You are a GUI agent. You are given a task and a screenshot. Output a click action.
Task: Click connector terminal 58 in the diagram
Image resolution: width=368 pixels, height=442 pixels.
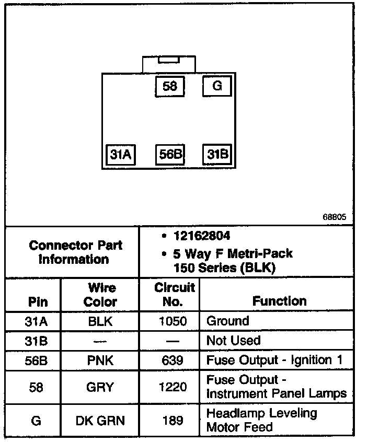pyautogui.click(x=170, y=86)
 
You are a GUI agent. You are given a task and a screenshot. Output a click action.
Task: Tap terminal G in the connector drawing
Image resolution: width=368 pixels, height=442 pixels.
pyautogui.click(x=217, y=86)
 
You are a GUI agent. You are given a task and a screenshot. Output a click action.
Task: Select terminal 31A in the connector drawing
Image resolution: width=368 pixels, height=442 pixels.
pyautogui.click(x=121, y=155)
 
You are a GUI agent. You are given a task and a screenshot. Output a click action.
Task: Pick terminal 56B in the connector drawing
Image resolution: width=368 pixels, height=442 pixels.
pyautogui.click(x=170, y=155)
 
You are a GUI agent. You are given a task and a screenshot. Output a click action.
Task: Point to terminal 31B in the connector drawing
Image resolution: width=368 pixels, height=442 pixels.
pyautogui.click(x=217, y=155)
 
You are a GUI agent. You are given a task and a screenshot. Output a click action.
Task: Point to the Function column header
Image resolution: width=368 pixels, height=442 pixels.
pyautogui.click(x=279, y=301)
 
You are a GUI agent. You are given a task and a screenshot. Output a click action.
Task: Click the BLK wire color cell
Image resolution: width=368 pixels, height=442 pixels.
pyautogui.click(x=100, y=321)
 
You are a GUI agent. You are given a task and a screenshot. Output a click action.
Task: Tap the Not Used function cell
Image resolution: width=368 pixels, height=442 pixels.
pyautogui.click(x=234, y=341)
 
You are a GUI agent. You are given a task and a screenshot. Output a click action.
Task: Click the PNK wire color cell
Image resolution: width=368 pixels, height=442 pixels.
pyautogui.click(x=100, y=360)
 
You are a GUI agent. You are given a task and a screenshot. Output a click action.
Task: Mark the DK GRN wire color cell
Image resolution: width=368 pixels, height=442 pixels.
pyautogui.click(x=100, y=421)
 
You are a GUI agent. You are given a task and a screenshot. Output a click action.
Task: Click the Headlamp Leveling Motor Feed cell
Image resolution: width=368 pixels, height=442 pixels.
pyautogui.click(x=261, y=420)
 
